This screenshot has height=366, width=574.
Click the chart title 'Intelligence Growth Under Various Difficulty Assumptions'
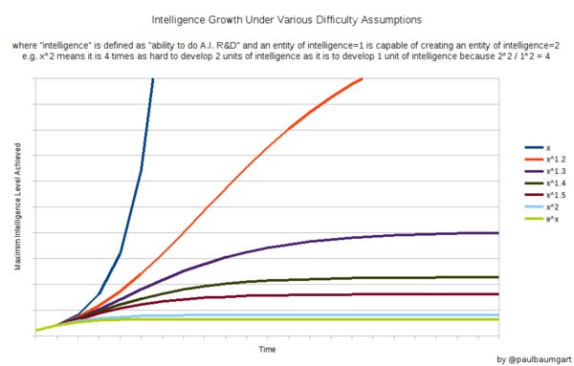click(x=287, y=18)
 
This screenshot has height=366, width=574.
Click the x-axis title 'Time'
click(x=268, y=349)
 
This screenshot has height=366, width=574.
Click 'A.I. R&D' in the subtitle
click(x=257, y=44)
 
